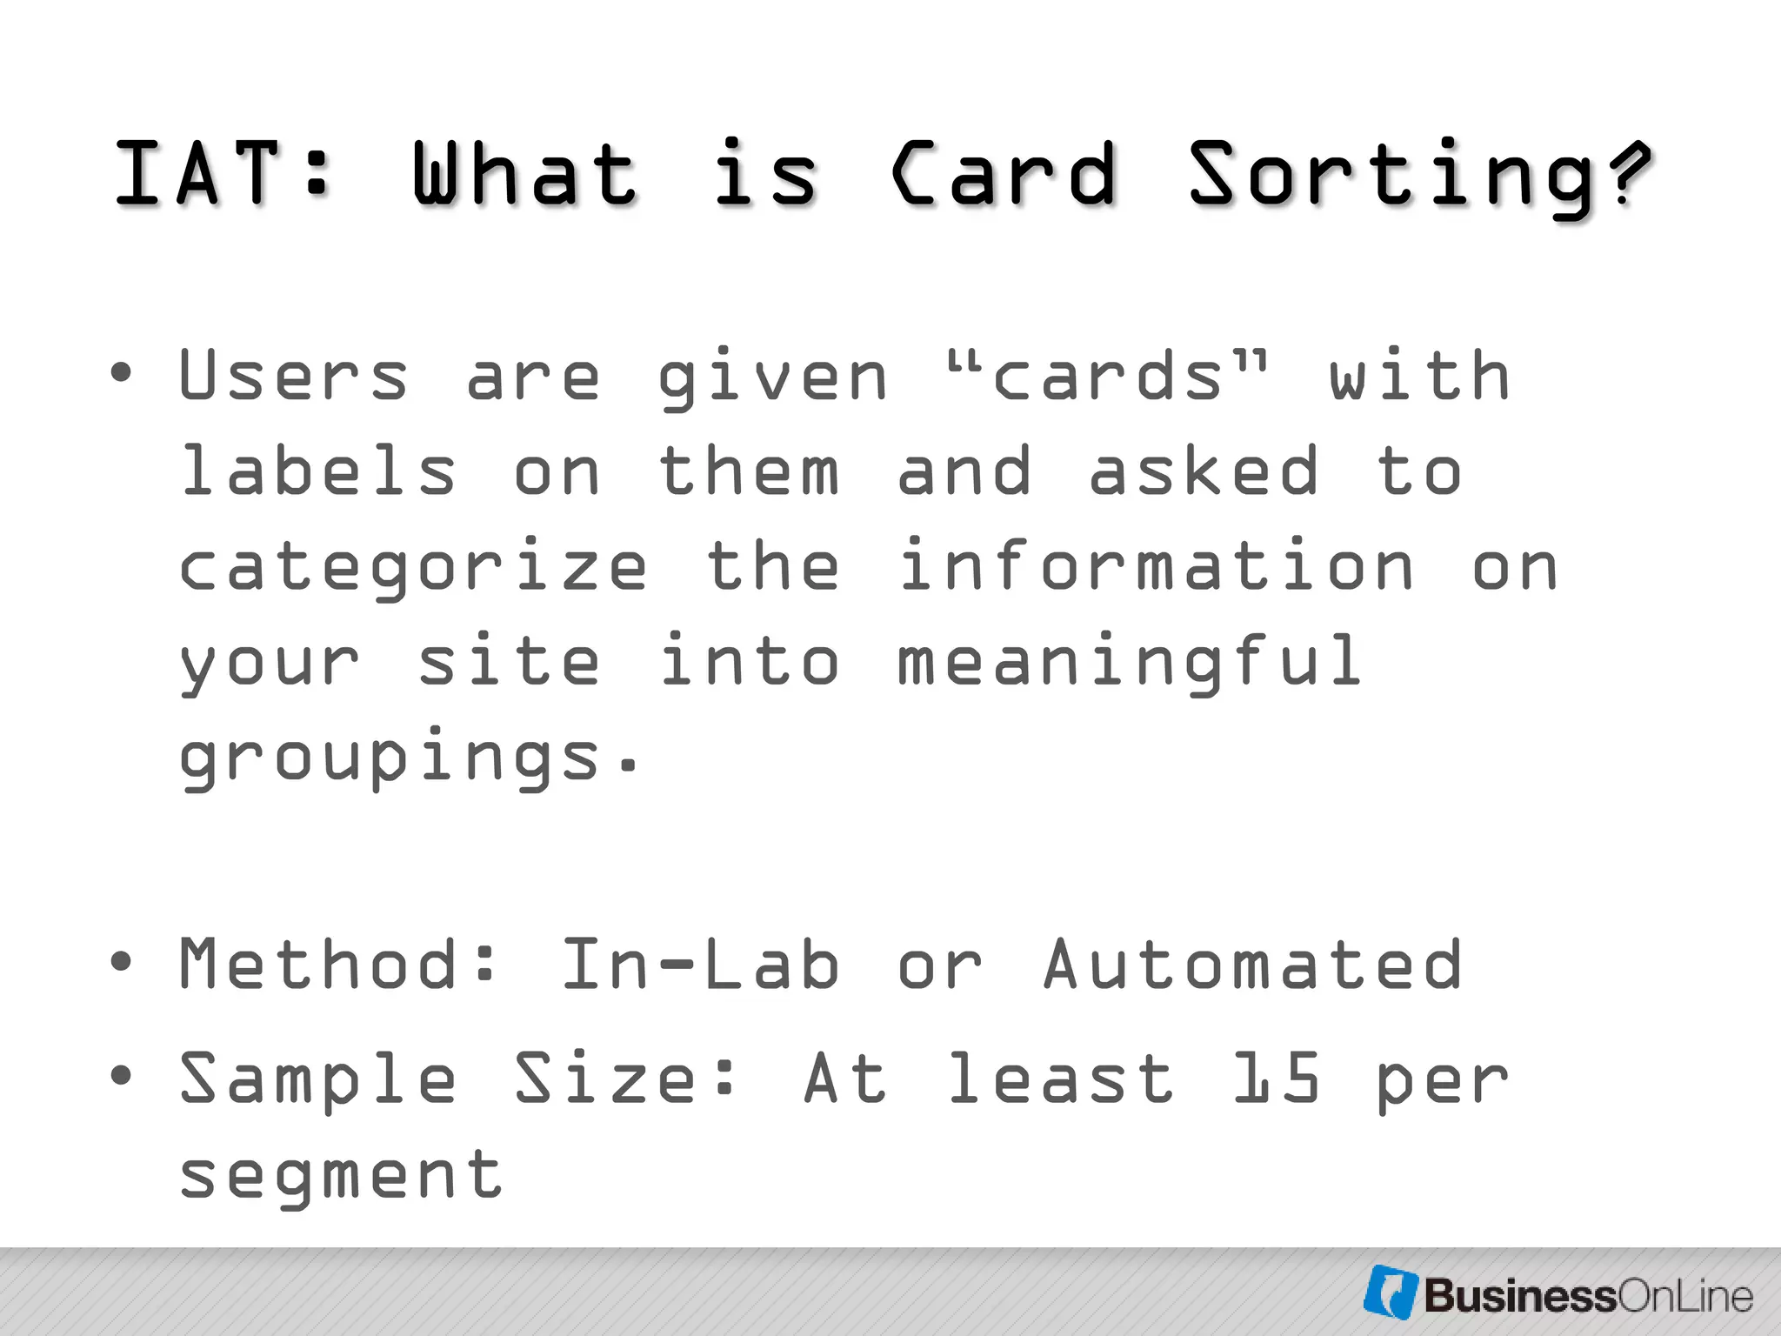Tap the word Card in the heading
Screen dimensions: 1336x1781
(1004, 175)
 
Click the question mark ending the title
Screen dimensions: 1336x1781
(1627, 173)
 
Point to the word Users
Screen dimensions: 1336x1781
(293, 376)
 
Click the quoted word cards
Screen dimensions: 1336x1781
(1107, 376)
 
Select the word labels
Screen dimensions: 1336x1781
(317, 471)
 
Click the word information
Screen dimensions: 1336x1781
(1157, 566)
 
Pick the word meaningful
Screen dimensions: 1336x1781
(1129, 664)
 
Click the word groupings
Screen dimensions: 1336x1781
(389, 758)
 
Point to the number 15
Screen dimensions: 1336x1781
(1277, 1079)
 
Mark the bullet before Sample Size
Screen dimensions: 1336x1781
(122, 1076)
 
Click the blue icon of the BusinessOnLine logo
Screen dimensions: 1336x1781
(1391, 1292)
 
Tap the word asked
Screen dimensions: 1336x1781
(1204, 471)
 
